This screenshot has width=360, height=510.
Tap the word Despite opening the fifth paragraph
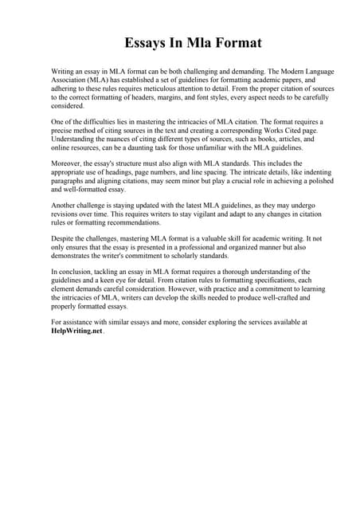[x=64, y=237]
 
